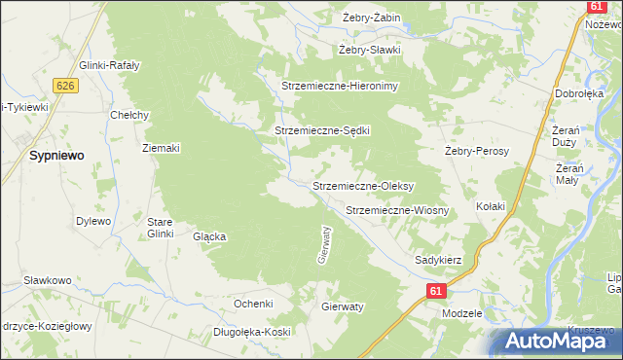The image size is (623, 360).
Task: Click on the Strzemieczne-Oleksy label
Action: [364, 185]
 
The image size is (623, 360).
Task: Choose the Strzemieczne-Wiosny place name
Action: [397, 210]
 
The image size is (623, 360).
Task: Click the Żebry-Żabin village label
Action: [372, 18]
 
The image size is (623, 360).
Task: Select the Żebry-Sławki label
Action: [370, 50]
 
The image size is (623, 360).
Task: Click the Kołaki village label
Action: [491, 206]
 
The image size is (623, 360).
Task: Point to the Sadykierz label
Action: [438, 260]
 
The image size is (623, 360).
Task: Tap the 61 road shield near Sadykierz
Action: [435, 291]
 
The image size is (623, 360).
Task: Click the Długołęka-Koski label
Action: [253, 332]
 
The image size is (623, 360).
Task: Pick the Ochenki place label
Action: [253, 304]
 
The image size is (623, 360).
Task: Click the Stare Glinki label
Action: [160, 228]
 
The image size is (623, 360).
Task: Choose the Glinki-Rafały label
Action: [110, 65]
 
